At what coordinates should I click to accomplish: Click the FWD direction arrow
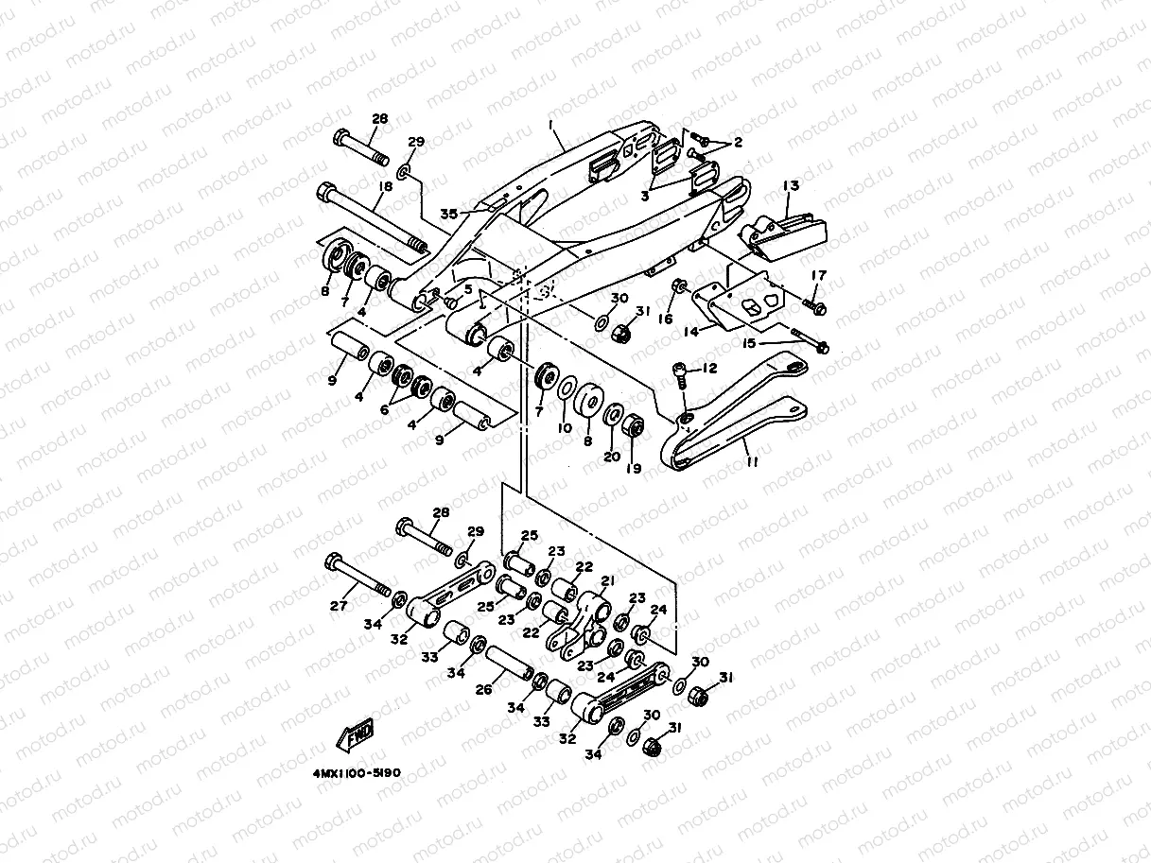356,734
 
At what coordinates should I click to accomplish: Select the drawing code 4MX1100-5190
358,773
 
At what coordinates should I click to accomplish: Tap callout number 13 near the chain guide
791,185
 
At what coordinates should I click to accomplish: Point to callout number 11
753,462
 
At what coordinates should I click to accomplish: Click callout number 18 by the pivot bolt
386,186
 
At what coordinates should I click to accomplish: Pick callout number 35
449,214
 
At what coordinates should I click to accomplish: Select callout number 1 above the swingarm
551,125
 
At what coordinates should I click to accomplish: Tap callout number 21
608,580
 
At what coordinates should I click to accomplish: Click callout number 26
484,690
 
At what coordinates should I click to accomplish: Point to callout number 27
339,606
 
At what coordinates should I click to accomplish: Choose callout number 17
818,275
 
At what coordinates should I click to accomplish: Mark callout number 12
709,369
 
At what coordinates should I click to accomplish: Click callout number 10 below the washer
565,428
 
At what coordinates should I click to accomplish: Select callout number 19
634,468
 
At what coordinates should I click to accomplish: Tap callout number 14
691,332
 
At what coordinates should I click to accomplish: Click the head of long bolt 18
325,192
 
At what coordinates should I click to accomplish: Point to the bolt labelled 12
680,375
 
